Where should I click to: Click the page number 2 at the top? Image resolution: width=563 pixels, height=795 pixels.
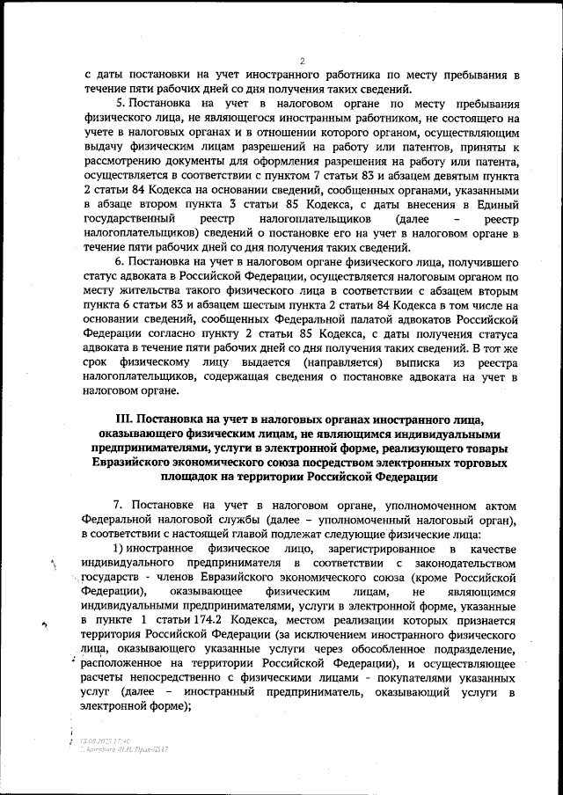[301, 61]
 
